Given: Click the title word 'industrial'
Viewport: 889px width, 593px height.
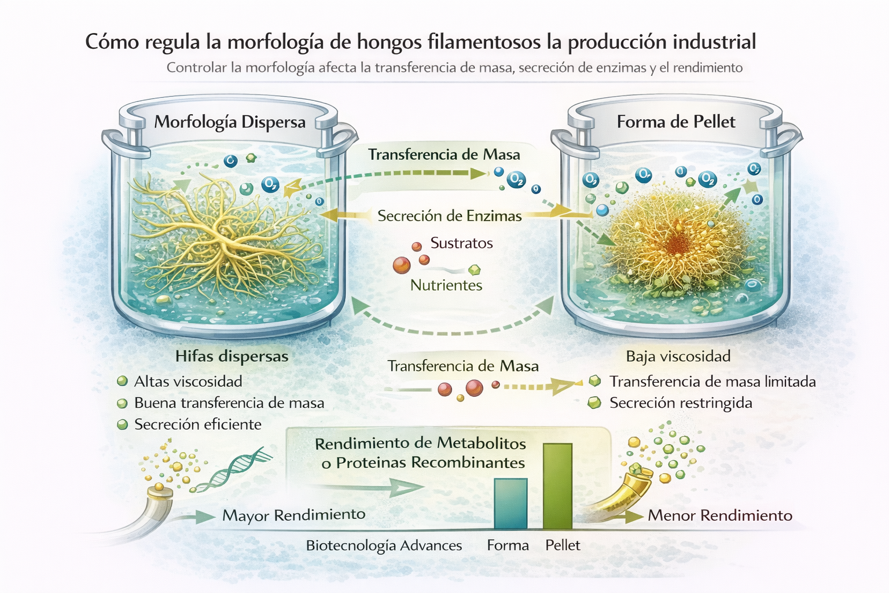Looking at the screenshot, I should (714, 42).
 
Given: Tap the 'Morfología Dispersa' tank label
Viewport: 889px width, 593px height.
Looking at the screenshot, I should (230, 122).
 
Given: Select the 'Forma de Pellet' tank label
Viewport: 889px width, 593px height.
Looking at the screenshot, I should (675, 122).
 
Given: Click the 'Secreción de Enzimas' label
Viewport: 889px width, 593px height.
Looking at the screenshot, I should (449, 216).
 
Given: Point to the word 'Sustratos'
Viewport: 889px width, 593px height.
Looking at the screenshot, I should (461, 243).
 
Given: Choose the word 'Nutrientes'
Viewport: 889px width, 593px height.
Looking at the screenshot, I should (446, 285).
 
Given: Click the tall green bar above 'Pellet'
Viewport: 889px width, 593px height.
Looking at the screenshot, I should (557, 486).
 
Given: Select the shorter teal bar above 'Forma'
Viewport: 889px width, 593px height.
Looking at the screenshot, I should (510, 503).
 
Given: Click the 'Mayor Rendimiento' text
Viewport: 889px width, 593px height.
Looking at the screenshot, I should (293, 515).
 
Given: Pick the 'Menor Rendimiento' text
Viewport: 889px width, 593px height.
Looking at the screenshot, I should (719, 515).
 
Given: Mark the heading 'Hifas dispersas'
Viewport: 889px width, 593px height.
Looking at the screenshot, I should (232, 356).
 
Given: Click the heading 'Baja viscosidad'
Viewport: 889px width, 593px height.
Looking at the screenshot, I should (678, 356).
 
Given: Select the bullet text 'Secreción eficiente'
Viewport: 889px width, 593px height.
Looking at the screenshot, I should (197, 424).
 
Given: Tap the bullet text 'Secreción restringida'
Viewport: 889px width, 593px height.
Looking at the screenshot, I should (681, 403).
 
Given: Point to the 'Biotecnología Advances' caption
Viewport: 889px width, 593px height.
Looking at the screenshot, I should (384, 546).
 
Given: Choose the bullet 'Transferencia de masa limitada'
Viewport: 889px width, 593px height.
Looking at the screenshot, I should (712, 382).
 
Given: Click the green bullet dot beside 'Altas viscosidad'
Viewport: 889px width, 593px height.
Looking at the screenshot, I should (122, 381).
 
